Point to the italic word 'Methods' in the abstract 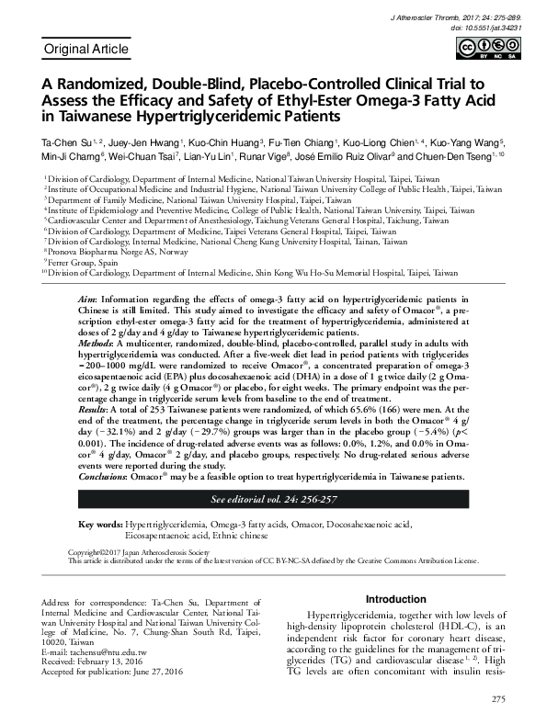pos(96,342)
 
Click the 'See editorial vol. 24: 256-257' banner pos(273,500)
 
